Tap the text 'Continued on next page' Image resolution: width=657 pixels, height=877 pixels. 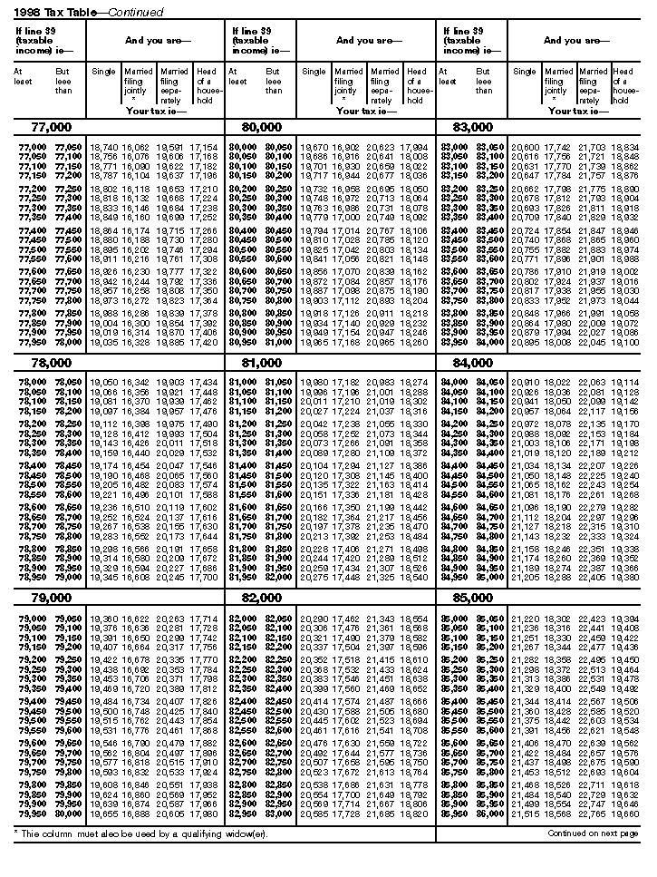(593, 833)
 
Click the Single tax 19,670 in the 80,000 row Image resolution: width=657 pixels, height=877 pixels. (314, 147)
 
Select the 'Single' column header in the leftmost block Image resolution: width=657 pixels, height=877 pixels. (102, 72)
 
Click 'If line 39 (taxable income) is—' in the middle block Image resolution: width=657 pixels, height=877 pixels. (256, 40)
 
